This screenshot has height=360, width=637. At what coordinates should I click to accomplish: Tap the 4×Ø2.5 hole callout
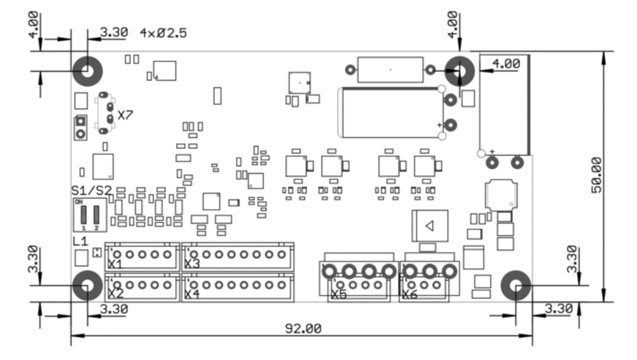[163, 33]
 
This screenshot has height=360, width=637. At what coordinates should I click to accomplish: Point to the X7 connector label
[125, 115]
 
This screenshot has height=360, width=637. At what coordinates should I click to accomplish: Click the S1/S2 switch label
[91, 191]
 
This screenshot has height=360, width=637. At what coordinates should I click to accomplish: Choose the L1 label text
[80, 242]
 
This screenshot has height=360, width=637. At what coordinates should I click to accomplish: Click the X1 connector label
[115, 263]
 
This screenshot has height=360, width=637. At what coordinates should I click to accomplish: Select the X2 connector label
[115, 293]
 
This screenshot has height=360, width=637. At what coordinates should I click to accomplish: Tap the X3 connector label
[191, 263]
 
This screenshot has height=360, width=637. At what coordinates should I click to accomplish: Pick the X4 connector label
[191, 293]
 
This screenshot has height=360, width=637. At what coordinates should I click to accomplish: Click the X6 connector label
[410, 294]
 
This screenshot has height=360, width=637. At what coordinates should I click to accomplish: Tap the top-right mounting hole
[460, 71]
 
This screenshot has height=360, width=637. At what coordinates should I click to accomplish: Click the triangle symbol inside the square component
[428, 225]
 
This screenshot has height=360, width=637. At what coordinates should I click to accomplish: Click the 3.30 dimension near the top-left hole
[114, 33]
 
